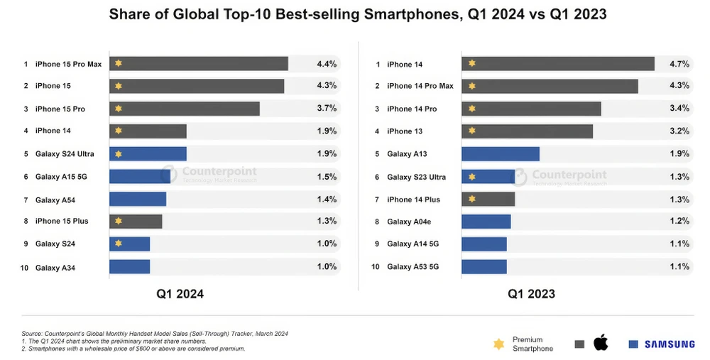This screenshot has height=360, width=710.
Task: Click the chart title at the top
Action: (355, 15)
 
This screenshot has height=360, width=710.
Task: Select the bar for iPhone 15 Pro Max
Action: (199, 64)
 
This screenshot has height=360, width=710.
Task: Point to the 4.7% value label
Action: (679, 64)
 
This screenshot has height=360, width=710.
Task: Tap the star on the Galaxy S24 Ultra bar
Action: (119, 154)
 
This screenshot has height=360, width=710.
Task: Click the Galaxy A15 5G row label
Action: (61, 176)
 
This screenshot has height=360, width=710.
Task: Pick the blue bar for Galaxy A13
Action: (501, 154)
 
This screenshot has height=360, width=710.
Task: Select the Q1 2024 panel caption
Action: (180, 293)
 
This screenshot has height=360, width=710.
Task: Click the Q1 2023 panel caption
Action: (531, 293)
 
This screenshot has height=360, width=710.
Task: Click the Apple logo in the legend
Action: (601, 344)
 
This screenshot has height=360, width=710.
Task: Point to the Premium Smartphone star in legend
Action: (498, 344)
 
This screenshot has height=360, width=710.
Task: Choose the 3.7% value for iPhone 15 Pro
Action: (326, 109)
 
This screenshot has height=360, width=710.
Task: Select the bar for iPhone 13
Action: (527, 131)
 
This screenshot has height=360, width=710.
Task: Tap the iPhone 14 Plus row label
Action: (413, 199)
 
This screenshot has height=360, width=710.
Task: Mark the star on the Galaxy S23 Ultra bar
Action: (471, 176)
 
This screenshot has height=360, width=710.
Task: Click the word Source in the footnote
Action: (32, 334)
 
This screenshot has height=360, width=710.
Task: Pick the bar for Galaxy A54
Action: (138, 199)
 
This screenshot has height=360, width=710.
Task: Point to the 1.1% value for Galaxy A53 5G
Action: (679, 267)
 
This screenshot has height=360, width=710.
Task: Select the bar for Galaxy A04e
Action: (486, 222)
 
